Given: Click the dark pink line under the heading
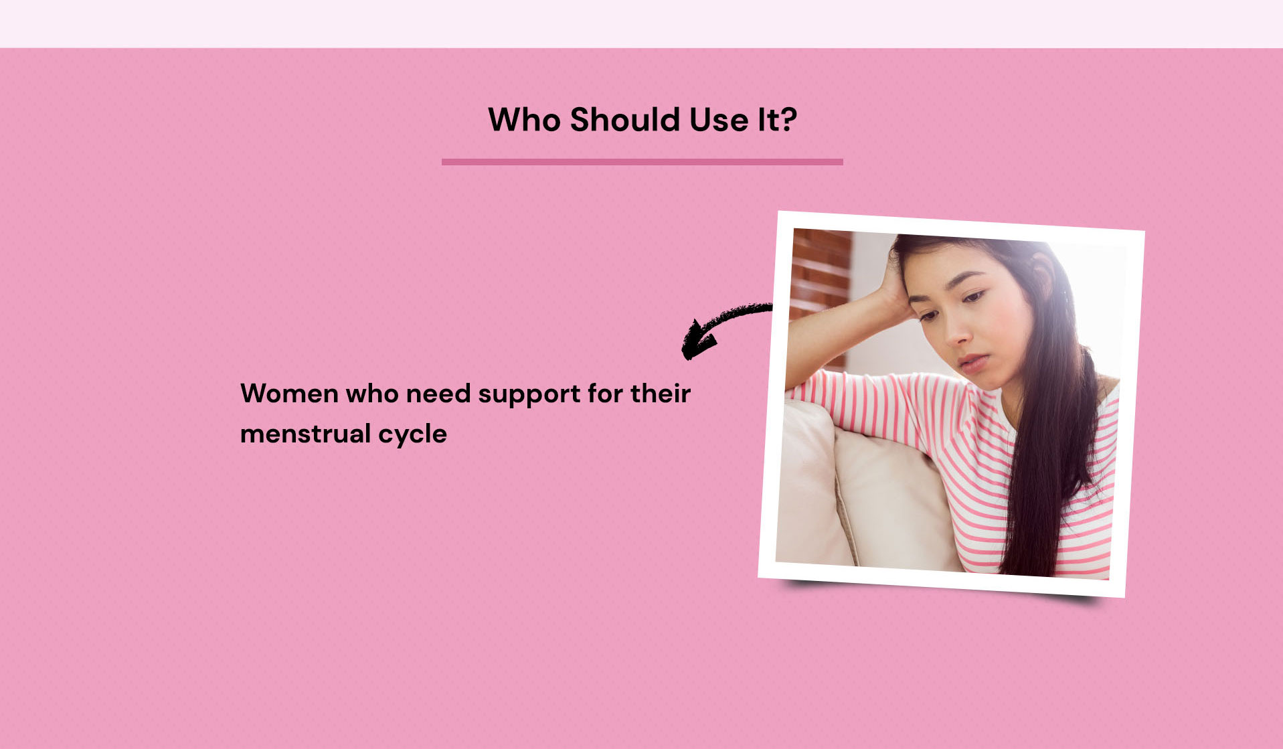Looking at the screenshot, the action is pos(643,161).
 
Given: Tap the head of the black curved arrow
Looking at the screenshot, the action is pos(696,340).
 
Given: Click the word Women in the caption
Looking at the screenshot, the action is pos(289,394).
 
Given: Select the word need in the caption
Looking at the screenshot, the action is pos(438,394).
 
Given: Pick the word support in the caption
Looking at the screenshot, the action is pos(529,396).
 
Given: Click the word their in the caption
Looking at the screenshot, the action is pos(661,394).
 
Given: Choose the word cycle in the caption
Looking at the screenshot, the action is pos(412,435).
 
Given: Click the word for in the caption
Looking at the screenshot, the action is pos(606,394).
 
